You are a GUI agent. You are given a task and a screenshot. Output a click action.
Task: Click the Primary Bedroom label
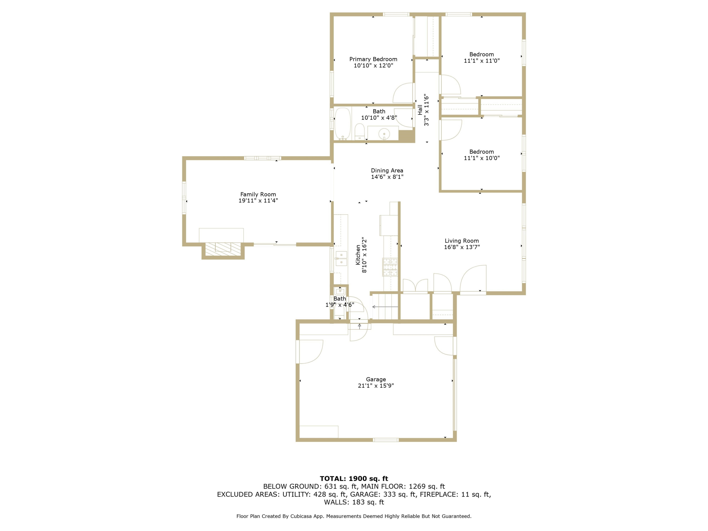[x=373, y=59]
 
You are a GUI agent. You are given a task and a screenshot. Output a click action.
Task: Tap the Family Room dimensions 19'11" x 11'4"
[x=258, y=201]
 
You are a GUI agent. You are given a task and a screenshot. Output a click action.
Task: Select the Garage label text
[x=376, y=379]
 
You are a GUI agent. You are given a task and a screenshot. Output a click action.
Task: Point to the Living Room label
[x=462, y=241]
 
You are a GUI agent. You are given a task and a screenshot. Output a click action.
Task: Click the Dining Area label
[x=387, y=171]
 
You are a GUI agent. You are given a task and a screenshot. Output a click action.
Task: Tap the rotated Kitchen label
[x=358, y=255]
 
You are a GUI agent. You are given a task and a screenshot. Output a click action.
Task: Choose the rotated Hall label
[x=420, y=110]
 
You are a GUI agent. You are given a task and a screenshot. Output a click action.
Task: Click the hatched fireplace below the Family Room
[x=223, y=249]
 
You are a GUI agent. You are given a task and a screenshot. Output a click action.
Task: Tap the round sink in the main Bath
[x=384, y=134]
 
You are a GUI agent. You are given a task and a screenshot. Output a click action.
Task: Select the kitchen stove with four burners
[x=390, y=267]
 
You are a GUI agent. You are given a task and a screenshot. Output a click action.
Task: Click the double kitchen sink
[x=341, y=259]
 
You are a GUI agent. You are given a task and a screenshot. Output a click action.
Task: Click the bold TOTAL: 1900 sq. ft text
[x=354, y=479]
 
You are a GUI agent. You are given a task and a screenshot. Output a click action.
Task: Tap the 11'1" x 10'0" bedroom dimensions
[x=481, y=158]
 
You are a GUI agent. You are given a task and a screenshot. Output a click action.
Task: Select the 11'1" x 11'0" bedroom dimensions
[x=481, y=60]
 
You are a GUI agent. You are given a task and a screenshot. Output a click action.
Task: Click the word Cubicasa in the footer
[x=302, y=516]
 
